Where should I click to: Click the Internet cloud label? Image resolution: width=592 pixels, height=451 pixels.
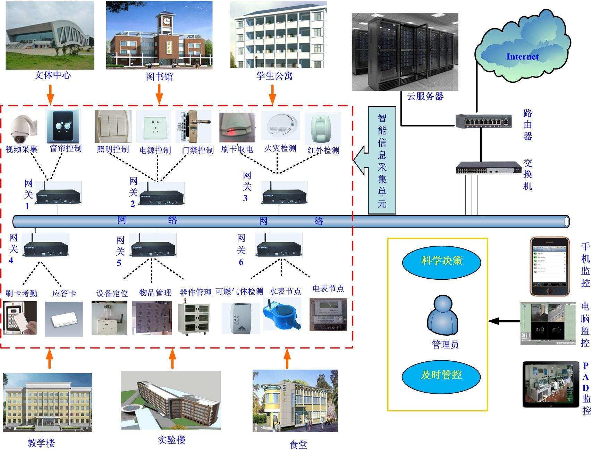click(x=522, y=57)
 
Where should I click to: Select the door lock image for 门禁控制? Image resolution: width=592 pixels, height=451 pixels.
click(x=194, y=127)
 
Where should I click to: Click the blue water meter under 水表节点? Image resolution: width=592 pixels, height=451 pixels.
click(x=281, y=314)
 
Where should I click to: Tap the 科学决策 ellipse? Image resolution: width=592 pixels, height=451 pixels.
click(x=441, y=261)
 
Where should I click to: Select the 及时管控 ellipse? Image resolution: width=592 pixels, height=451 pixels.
click(x=441, y=375)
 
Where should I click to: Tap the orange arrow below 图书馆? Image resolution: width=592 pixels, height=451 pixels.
click(x=159, y=94)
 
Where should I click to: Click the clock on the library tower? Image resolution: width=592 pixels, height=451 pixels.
click(x=167, y=21)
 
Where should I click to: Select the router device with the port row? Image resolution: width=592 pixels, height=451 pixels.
click(x=483, y=121)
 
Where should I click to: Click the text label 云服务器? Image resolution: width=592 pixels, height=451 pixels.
click(x=425, y=96)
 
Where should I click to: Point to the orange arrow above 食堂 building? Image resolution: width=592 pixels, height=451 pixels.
click(x=287, y=359)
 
